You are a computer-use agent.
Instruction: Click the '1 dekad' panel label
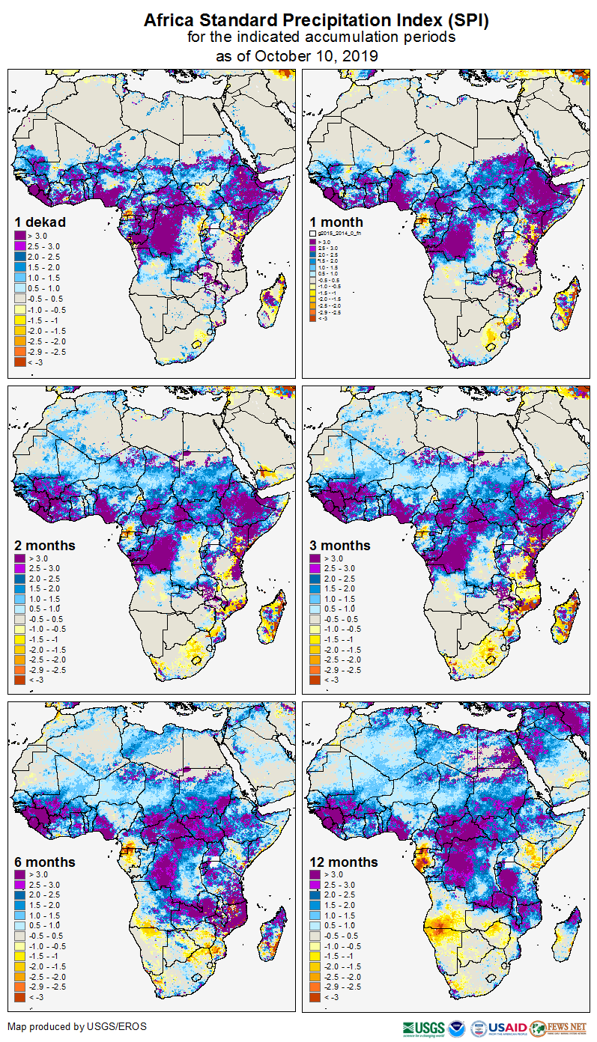click(x=40, y=222)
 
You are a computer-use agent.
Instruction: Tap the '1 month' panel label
click(x=336, y=222)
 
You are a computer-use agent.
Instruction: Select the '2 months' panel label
click(x=44, y=546)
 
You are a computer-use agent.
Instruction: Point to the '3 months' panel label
click(x=339, y=546)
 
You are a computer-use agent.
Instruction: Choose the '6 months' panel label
click(x=44, y=862)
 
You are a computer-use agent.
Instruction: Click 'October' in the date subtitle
click(x=282, y=55)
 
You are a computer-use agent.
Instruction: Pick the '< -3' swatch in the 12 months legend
click(x=315, y=997)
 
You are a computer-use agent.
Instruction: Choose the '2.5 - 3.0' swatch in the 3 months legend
click(x=315, y=569)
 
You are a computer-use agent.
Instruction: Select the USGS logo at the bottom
click(x=424, y=1027)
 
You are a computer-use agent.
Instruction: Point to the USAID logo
click(x=508, y=1027)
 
